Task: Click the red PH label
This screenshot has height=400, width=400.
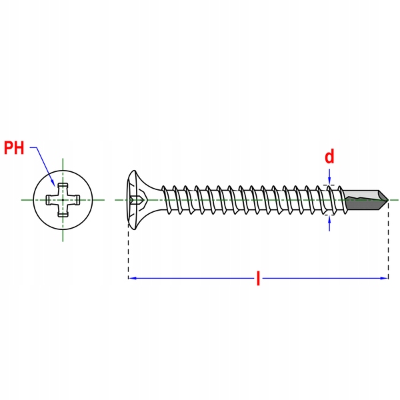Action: pyautogui.click(x=14, y=147)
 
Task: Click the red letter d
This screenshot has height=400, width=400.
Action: pyautogui.click(x=329, y=157)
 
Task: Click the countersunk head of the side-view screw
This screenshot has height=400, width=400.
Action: pyautogui.click(x=137, y=199)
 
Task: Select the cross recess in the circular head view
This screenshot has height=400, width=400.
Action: pyautogui.click(x=62, y=199)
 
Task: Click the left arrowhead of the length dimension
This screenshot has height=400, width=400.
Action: pyautogui.click(x=132, y=277)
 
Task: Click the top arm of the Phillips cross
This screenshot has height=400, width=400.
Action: pyautogui.click(x=62, y=187)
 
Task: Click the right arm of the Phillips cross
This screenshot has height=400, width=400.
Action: pyautogui.click(x=75, y=199)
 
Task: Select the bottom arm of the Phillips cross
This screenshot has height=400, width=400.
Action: pyautogui.click(x=62, y=211)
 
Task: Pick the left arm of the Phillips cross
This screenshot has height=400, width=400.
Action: pyautogui.click(x=50, y=199)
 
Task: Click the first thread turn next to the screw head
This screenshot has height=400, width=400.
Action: pyautogui.click(x=167, y=199)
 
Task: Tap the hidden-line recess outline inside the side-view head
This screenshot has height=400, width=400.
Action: pyautogui.click(x=139, y=199)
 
